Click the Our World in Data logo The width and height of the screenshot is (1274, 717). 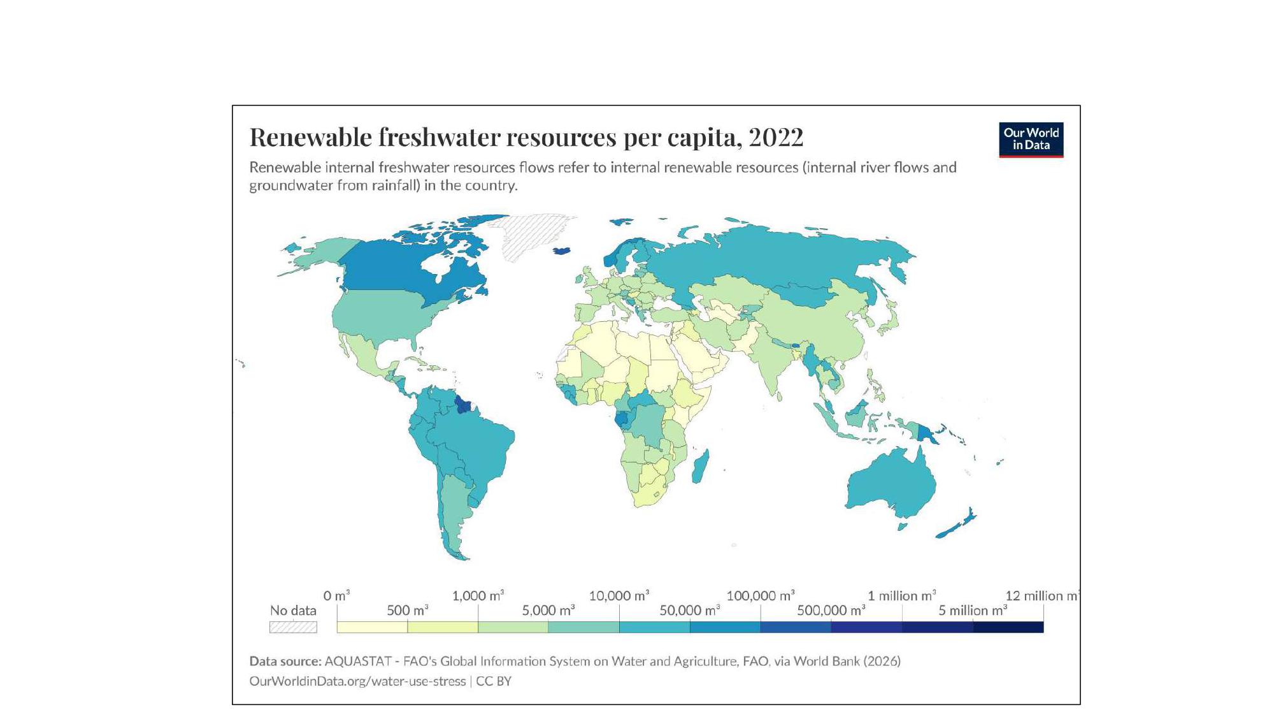(x=1031, y=140)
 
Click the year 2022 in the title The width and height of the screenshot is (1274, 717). (x=776, y=137)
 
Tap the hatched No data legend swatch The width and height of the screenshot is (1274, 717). (x=293, y=627)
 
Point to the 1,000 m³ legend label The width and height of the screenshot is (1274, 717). (x=478, y=596)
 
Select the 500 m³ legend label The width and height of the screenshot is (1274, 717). (x=408, y=611)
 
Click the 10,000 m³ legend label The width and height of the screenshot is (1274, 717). (x=619, y=596)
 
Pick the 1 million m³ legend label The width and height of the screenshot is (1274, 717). (x=902, y=596)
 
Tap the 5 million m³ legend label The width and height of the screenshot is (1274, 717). (x=973, y=611)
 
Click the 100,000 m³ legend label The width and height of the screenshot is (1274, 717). (x=761, y=596)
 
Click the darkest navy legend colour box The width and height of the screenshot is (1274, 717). (x=1008, y=627)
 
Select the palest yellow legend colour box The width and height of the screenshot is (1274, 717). (x=372, y=627)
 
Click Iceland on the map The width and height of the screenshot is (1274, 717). (x=561, y=250)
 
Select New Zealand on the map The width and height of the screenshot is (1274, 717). (x=956, y=524)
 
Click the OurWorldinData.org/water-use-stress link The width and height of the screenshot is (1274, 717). (x=357, y=681)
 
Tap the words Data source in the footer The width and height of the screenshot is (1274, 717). (x=285, y=661)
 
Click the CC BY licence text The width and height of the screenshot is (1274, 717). (x=494, y=681)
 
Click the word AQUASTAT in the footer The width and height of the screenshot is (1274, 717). (x=357, y=661)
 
